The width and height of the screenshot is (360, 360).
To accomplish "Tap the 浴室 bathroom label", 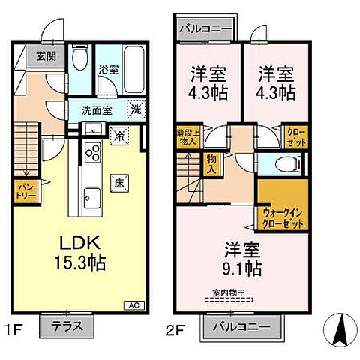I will (108, 70).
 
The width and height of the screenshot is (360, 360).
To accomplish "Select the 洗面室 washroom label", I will (97, 108).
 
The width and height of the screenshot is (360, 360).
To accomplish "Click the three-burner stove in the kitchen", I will (94, 153).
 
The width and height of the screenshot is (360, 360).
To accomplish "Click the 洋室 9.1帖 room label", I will (240, 256).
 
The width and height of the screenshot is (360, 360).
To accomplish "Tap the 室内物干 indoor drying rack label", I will (230, 293).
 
